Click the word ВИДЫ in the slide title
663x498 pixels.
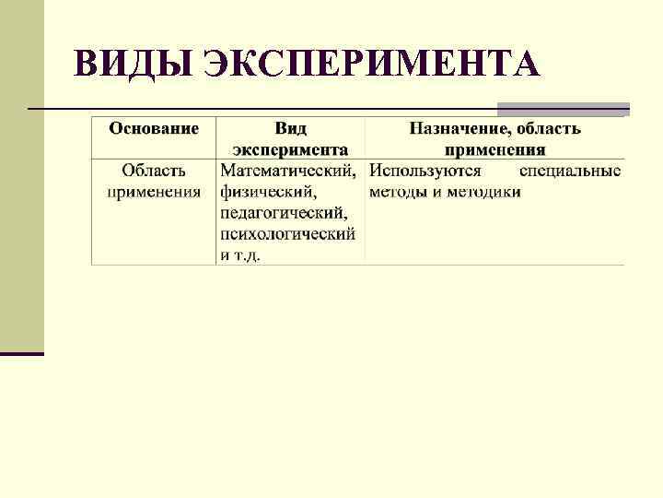coord(132,64)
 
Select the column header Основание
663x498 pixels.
coord(154,128)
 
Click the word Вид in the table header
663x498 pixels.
coord(290,128)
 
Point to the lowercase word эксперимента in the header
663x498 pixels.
coord(290,149)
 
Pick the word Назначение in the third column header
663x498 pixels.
coord(453,128)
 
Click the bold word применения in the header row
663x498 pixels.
coord(494,149)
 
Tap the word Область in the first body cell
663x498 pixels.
coord(154,171)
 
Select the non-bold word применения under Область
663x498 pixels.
coord(154,192)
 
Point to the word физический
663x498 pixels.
coord(268,192)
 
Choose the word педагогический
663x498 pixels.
coord(283,213)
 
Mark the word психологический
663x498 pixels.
coord(287,234)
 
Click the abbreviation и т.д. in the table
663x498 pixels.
coord(239,255)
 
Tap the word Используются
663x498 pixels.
coord(425,171)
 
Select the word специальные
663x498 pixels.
coord(570,171)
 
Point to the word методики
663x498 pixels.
coord(487,192)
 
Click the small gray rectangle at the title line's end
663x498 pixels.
coord(563,109)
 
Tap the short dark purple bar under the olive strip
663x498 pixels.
coord(22,353)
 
